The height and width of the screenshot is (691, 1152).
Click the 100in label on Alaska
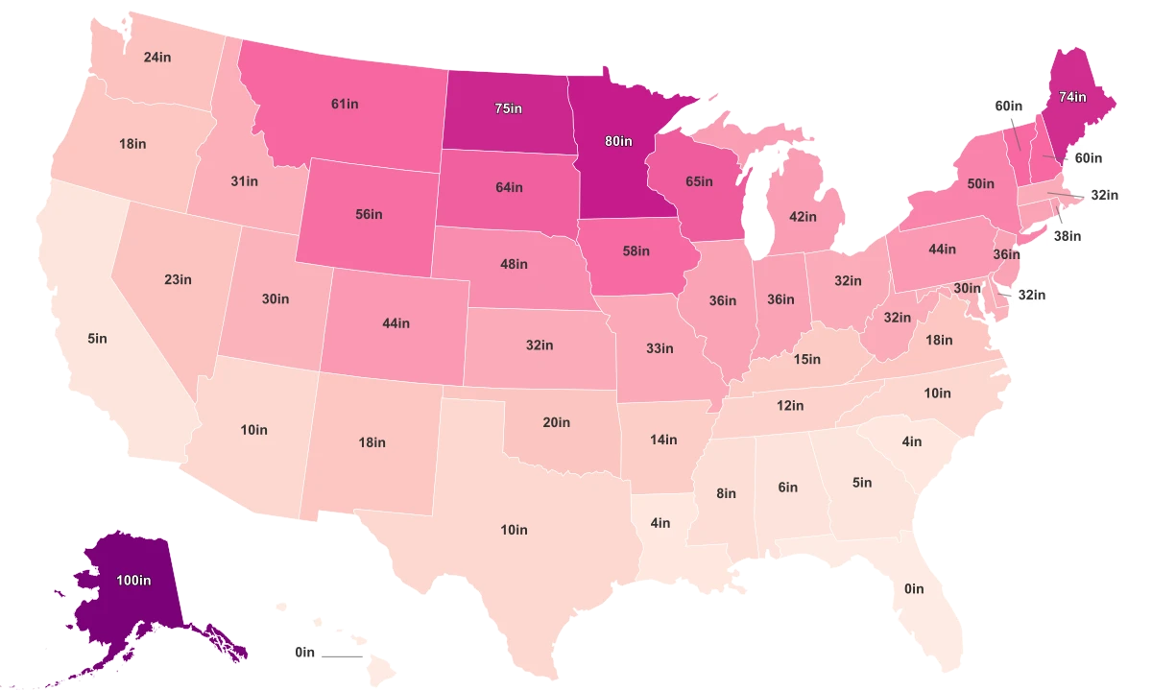tap(133, 580)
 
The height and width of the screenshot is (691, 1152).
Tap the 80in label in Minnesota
tap(619, 141)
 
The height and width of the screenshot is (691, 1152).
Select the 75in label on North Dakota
tap(509, 108)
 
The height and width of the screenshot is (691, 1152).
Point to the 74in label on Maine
tap(1072, 97)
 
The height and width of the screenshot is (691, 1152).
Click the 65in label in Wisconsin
tap(699, 181)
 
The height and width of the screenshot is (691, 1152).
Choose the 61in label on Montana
tap(346, 104)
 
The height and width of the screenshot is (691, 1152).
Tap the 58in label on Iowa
tap(636, 250)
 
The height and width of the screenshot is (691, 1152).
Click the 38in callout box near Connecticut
tap(1067, 235)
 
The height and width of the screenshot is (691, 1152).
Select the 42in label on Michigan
tap(803, 217)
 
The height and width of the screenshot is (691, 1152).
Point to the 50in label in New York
tap(980, 183)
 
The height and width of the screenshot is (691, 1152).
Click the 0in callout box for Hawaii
tap(304, 652)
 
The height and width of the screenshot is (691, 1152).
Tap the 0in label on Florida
tap(914, 588)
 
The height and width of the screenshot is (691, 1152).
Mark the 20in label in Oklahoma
tap(556, 422)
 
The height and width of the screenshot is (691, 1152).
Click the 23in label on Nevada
tap(178, 280)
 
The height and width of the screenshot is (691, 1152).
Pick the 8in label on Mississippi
tap(726, 493)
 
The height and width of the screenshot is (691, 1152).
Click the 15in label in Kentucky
tap(807, 359)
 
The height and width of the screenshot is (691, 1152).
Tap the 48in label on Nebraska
tap(514, 264)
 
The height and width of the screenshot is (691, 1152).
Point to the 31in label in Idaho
tap(244, 180)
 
